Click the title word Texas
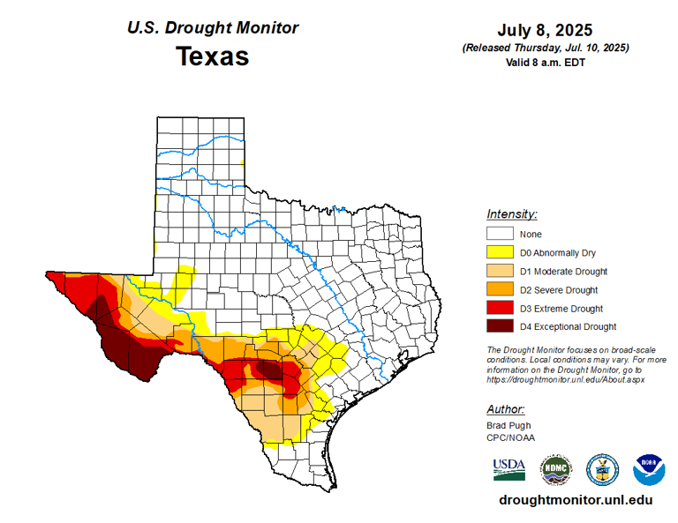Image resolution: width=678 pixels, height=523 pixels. [x=212, y=56]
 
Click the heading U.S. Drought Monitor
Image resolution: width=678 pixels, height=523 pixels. [x=213, y=28]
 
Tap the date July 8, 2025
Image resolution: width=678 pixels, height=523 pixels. [x=545, y=30]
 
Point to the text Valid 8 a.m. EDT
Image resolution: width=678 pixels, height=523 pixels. [x=545, y=62]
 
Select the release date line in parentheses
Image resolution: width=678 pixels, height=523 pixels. [x=545, y=48]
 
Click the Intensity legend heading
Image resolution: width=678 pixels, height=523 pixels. [x=512, y=214]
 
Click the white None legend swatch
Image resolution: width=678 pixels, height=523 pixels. [x=501, y=234]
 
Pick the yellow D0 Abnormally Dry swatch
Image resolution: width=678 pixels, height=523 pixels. [x=501, y=252]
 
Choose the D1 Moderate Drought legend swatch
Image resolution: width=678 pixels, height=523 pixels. [x=501, y=271]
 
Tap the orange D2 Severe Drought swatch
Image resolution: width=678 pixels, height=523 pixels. [x=501, y=289]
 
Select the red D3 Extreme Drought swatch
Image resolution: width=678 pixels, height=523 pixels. [x=501, y=308]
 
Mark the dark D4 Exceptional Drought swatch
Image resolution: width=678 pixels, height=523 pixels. [x=501, y=326]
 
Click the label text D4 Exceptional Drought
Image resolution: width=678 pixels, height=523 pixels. [x=568, y=327]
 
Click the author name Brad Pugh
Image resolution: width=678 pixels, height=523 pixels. [x=508, y=425]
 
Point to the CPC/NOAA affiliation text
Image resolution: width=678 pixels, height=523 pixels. [x=510, y=437]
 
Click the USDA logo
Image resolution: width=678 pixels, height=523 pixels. [x=509, y=468]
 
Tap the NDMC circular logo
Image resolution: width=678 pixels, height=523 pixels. [x=556, y=469]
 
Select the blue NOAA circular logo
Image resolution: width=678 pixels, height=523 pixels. [x=649, y=469]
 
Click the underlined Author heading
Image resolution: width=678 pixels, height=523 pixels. [x=506, y=409]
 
